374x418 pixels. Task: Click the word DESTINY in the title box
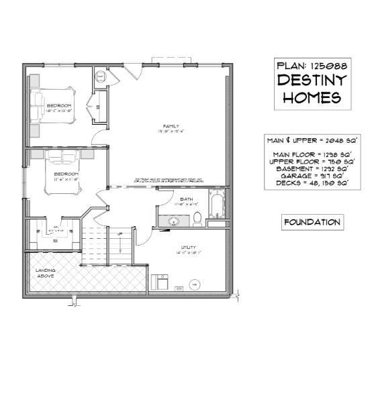tap(312, 81)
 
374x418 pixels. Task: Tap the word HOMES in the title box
tap(312, 98)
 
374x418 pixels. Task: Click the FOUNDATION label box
tap(312, 222)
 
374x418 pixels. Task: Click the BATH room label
tap(186, 199)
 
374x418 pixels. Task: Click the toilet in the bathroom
tap(197, 217)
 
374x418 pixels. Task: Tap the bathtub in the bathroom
tap(218, 206)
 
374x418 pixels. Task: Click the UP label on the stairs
tap(120, 233)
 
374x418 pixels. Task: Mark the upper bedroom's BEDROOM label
tap(59, 105)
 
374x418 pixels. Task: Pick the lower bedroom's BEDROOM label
tap(66, 174)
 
